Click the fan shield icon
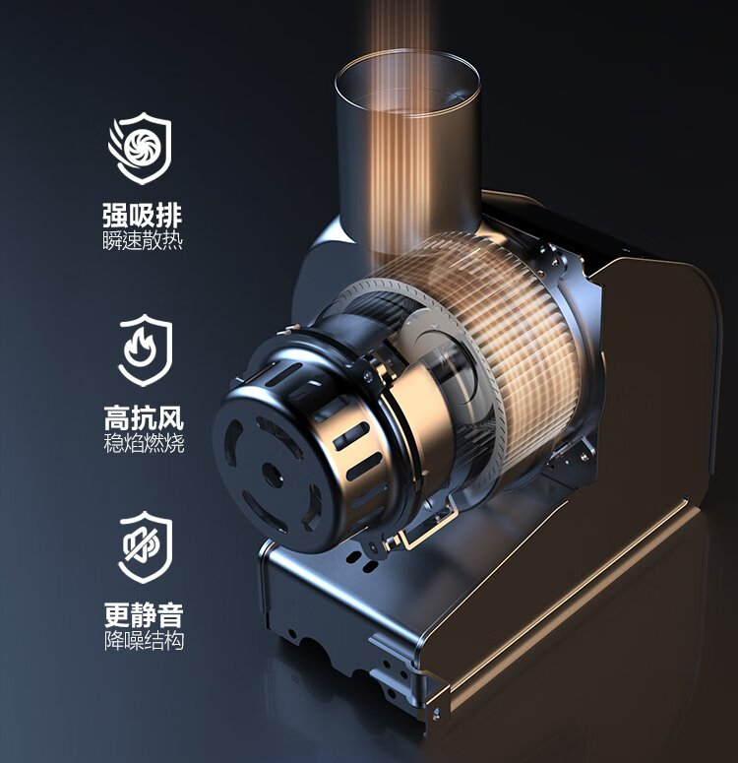[140, 148]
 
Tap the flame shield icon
[146, 350]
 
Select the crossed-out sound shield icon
[146, 547]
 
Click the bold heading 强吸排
[143, 216]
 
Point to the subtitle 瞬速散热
[143, 241]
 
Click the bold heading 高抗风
[144, 418]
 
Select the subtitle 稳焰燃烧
[144, 444]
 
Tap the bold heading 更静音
[144, 615]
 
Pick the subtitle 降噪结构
[144, 641]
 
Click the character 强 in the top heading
[116, 216]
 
